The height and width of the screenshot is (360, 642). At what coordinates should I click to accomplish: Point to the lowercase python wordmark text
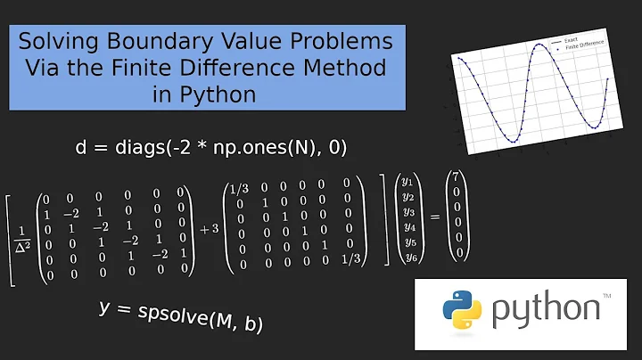tap(547, 311)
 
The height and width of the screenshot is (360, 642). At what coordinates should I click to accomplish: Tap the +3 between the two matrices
tap(209, 228)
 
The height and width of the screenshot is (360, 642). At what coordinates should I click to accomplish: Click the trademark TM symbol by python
tap(607, 296)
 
